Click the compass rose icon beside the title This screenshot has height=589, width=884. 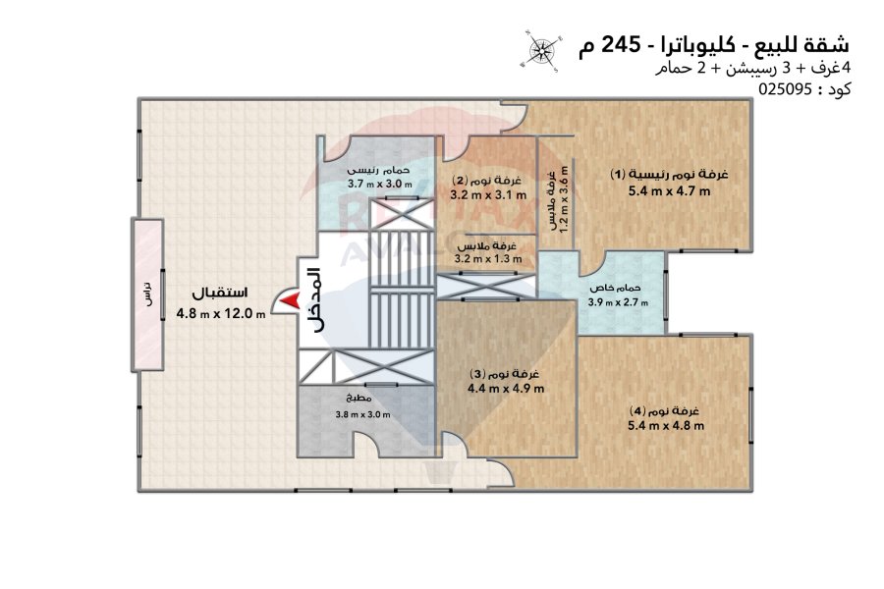click(x=540, y=50)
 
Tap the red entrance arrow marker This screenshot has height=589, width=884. click(x=290, y=301)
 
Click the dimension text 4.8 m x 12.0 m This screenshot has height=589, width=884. click(x=221, y=313)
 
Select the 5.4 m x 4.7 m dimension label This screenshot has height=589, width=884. click(x=669, y=191)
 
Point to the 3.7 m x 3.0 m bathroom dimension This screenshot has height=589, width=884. click(x=379, y=184)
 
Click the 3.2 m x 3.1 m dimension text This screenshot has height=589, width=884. click(x=488, y=195)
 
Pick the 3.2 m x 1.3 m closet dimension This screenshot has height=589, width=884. click(x=488, y=259)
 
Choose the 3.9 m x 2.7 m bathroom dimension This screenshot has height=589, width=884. click(x=618, y=302)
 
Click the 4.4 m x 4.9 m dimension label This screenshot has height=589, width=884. click(x=506, y=389)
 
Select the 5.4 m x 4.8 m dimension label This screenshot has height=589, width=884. click(x=666, y=425)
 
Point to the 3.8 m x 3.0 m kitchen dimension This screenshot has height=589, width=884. click(x=362, y=414)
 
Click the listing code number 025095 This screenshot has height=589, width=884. click(x=785, y=89)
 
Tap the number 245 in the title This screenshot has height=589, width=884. click(x=622, y=44)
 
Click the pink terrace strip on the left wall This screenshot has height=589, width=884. click(x=147, y=294)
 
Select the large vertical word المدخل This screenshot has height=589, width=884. click(x=314, y=299)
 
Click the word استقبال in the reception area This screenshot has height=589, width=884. click(x=220, y=294)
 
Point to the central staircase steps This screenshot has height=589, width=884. click(x=402, y=290)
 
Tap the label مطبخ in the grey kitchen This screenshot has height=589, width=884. click(x=359, y=399)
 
